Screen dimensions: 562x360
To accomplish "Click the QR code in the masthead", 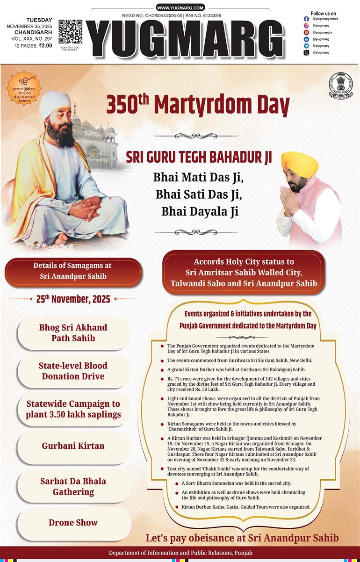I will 70,32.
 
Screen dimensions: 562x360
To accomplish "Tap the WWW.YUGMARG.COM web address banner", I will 180,8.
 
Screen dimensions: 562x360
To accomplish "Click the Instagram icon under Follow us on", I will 306,19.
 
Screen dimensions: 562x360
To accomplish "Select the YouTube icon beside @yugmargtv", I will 306,32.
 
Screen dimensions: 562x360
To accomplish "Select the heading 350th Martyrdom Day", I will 198,104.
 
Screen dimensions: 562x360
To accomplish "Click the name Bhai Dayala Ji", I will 200,211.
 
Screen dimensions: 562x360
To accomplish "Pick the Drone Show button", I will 73,523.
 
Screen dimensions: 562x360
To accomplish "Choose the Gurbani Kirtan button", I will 73,446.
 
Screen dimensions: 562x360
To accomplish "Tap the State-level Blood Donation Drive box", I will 73,371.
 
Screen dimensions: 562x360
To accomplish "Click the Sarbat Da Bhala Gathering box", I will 73,486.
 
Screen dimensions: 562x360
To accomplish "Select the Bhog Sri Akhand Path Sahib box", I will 73,332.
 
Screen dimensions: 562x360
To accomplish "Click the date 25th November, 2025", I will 73,299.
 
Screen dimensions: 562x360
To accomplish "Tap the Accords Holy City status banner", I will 244,273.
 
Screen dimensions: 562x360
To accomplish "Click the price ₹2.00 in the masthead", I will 45,46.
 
